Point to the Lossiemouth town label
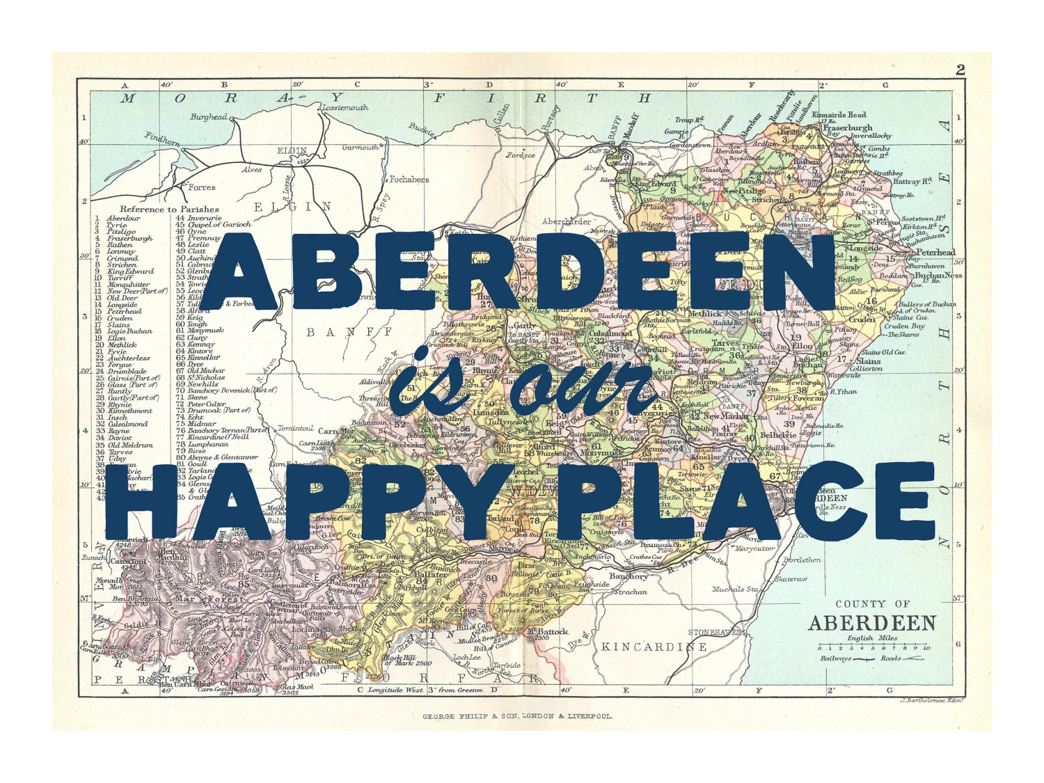(345, 108)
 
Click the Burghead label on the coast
(208, 117)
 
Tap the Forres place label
(202, 187)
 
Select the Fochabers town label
(409, 180)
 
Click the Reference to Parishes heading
(169, 209)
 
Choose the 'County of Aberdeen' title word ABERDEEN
(871, 623)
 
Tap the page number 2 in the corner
(960, 70)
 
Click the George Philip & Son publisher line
(518, 715)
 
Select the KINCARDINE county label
(654, 647)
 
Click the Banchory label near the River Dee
(628, 576)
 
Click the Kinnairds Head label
(839, 114)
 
